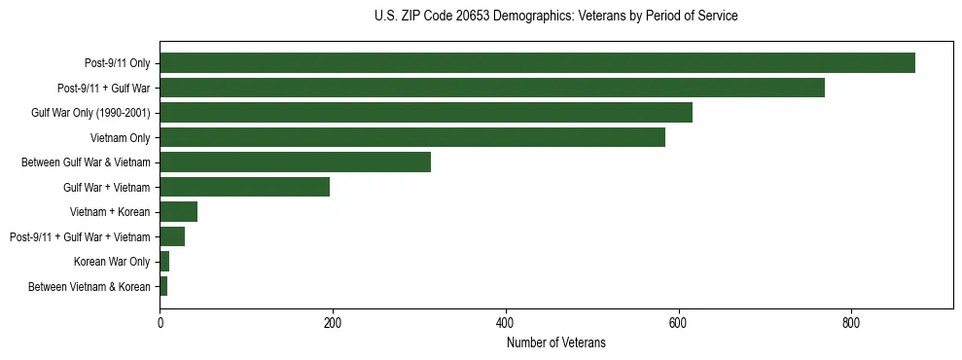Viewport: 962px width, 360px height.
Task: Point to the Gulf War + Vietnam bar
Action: click(x=244, y=187)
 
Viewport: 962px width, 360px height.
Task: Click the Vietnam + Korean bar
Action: click(x=179, y=212)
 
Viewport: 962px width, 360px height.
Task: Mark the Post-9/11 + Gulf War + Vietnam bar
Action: click(x=172, y=236)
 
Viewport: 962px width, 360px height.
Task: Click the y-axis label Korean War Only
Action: click(x=112, y=262)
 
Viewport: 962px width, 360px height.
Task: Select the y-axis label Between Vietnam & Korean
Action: click(x=89, y=287)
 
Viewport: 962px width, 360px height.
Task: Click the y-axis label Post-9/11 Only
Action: click(x=118, y=63)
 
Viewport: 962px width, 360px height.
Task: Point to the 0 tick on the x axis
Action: click(x=160, y=323)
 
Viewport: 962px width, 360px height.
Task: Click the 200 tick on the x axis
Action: click(x=333, y=323)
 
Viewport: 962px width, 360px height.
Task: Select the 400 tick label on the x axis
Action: click(x=505, y=323)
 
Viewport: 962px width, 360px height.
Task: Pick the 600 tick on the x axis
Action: click(x=678, y=323)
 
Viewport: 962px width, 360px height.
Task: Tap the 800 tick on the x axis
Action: click(x=851, y=323)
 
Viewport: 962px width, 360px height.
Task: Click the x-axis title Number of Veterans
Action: click(x=555, y=342)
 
